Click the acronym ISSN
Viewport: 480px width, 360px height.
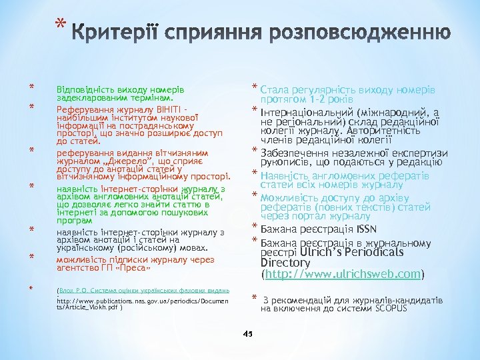(366, 230)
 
